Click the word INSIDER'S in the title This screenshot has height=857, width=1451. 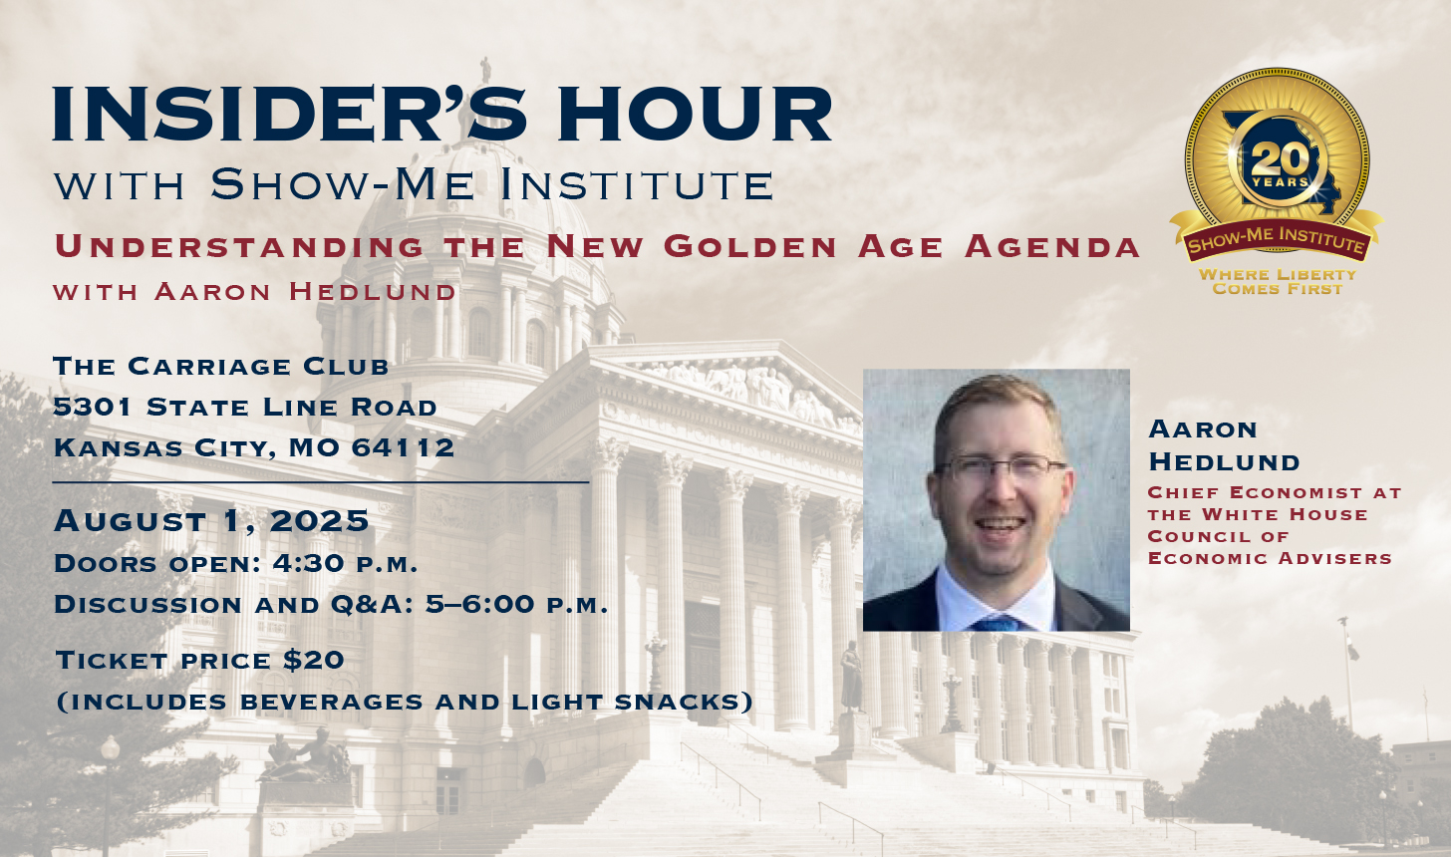(290, 114)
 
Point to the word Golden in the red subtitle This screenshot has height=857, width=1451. (750, 247)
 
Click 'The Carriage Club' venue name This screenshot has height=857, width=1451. (221, 367)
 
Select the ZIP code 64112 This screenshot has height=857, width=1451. (404, 447)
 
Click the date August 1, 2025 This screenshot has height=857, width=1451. (211, 521)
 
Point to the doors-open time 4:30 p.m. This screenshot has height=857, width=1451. (345, 564)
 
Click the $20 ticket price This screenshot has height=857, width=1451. (314, 660)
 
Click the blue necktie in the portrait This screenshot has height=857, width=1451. (997, 623)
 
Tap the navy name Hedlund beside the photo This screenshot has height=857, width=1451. (1224, 462)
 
